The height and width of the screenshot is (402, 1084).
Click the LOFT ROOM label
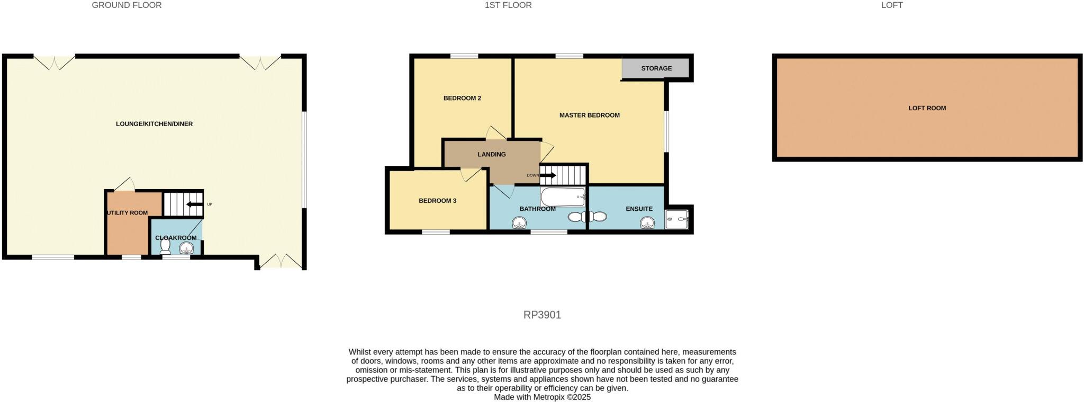pos(927,108)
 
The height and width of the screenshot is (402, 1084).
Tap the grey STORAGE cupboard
pos(656,68)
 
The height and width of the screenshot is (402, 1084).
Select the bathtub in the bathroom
pos(563,197)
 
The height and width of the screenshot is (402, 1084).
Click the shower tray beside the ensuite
pos(677,218)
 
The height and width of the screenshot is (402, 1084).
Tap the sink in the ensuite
pos(647,223)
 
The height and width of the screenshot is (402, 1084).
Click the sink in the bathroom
pos(520,224)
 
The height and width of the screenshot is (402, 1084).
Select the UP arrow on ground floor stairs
pos(194,204)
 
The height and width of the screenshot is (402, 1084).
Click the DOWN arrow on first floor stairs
pos(548,175)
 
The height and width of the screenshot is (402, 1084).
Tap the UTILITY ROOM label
pos(128,213)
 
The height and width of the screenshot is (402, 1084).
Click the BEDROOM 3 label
pos(437,201)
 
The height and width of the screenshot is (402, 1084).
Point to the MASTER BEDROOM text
pos(589,115)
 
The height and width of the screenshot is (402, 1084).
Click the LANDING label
pos(491,155)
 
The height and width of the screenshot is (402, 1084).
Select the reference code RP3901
pos(542,315)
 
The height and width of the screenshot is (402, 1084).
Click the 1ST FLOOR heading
pos(508,5)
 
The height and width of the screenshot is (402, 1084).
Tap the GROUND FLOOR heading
pos(127,5)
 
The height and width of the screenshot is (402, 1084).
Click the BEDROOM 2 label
pos(462,98)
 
